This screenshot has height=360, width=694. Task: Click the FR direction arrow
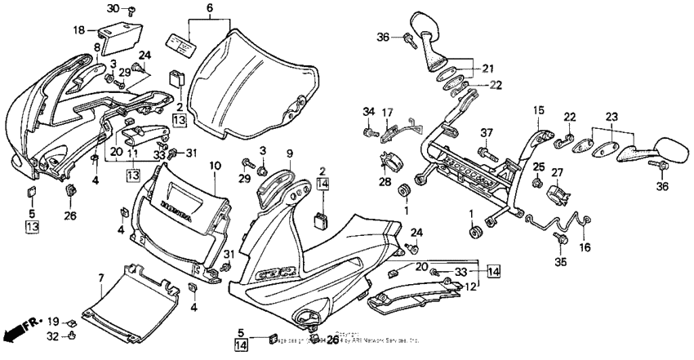pos(22,331)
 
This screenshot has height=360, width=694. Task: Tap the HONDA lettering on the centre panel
pos(177,211)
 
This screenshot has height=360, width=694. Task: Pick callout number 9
pos(288,153)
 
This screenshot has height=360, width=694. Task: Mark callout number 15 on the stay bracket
pos(539,110)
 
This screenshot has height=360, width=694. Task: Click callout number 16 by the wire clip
pos(585,246)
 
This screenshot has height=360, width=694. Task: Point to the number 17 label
pos(388,112)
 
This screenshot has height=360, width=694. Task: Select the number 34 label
pos(367,112)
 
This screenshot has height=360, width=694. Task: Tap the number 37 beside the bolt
pos(487,134)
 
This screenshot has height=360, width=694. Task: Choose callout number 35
pos(560,262)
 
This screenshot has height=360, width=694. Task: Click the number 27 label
pos(558,172)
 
